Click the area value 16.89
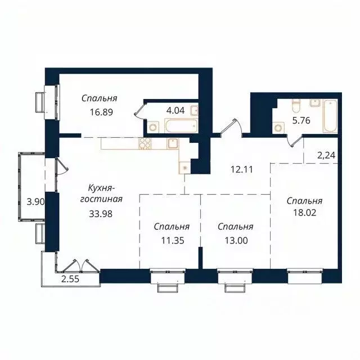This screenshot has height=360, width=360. click(x=101, y=111)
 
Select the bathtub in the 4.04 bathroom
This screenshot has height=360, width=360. click(x=181, y=126)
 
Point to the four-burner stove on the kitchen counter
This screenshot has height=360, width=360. click(x=145, y=143)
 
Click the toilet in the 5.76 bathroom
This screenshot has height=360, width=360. click(x=296, y=105)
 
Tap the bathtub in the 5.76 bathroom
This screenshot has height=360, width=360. click(x=328, y=115)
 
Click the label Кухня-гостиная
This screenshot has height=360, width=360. click(x=105, y=193)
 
